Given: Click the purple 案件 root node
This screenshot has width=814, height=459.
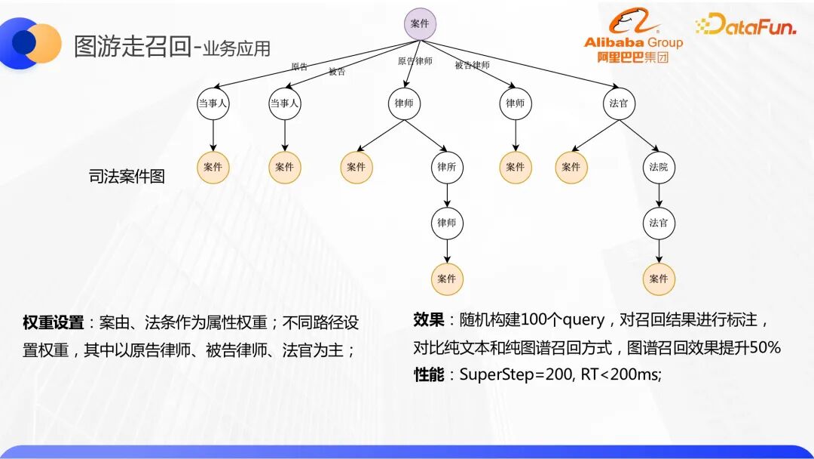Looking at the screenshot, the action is click(x=420, y=24).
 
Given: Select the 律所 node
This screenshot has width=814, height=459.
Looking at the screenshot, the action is click(x=446, y=167).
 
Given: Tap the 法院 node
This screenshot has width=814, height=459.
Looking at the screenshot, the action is click(x=659, y=167).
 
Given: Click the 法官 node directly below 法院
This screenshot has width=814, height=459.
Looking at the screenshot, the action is click(x=659, y=223).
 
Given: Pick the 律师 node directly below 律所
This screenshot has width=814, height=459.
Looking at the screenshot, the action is click(x=446, y=223).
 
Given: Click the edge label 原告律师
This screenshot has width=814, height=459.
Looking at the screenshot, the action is click(x=415, y=61).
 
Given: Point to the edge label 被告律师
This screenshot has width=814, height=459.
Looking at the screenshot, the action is click(x=472, y=65).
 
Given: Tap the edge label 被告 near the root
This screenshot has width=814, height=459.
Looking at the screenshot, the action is click(x=337, y=72).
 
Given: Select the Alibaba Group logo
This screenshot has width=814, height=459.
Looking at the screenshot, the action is click(x=633, y=35).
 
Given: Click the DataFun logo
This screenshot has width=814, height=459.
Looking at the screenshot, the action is click(x=745, y=24).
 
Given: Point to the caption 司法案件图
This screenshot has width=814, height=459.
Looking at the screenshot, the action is click(x=127, y=176).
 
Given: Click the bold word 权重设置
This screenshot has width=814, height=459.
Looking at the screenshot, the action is click(x=53, y=323).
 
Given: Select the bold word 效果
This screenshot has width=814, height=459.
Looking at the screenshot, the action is click(x=429, y=319).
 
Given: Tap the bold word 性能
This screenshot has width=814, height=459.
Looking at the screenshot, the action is click(x=429, y=374).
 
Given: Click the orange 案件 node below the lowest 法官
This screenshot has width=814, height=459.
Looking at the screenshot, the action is click(x=659, y=279).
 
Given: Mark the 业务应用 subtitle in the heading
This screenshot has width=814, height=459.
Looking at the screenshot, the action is click(x=237, y=48).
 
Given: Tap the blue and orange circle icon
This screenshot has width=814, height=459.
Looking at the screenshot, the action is click(x=30, y=43).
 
